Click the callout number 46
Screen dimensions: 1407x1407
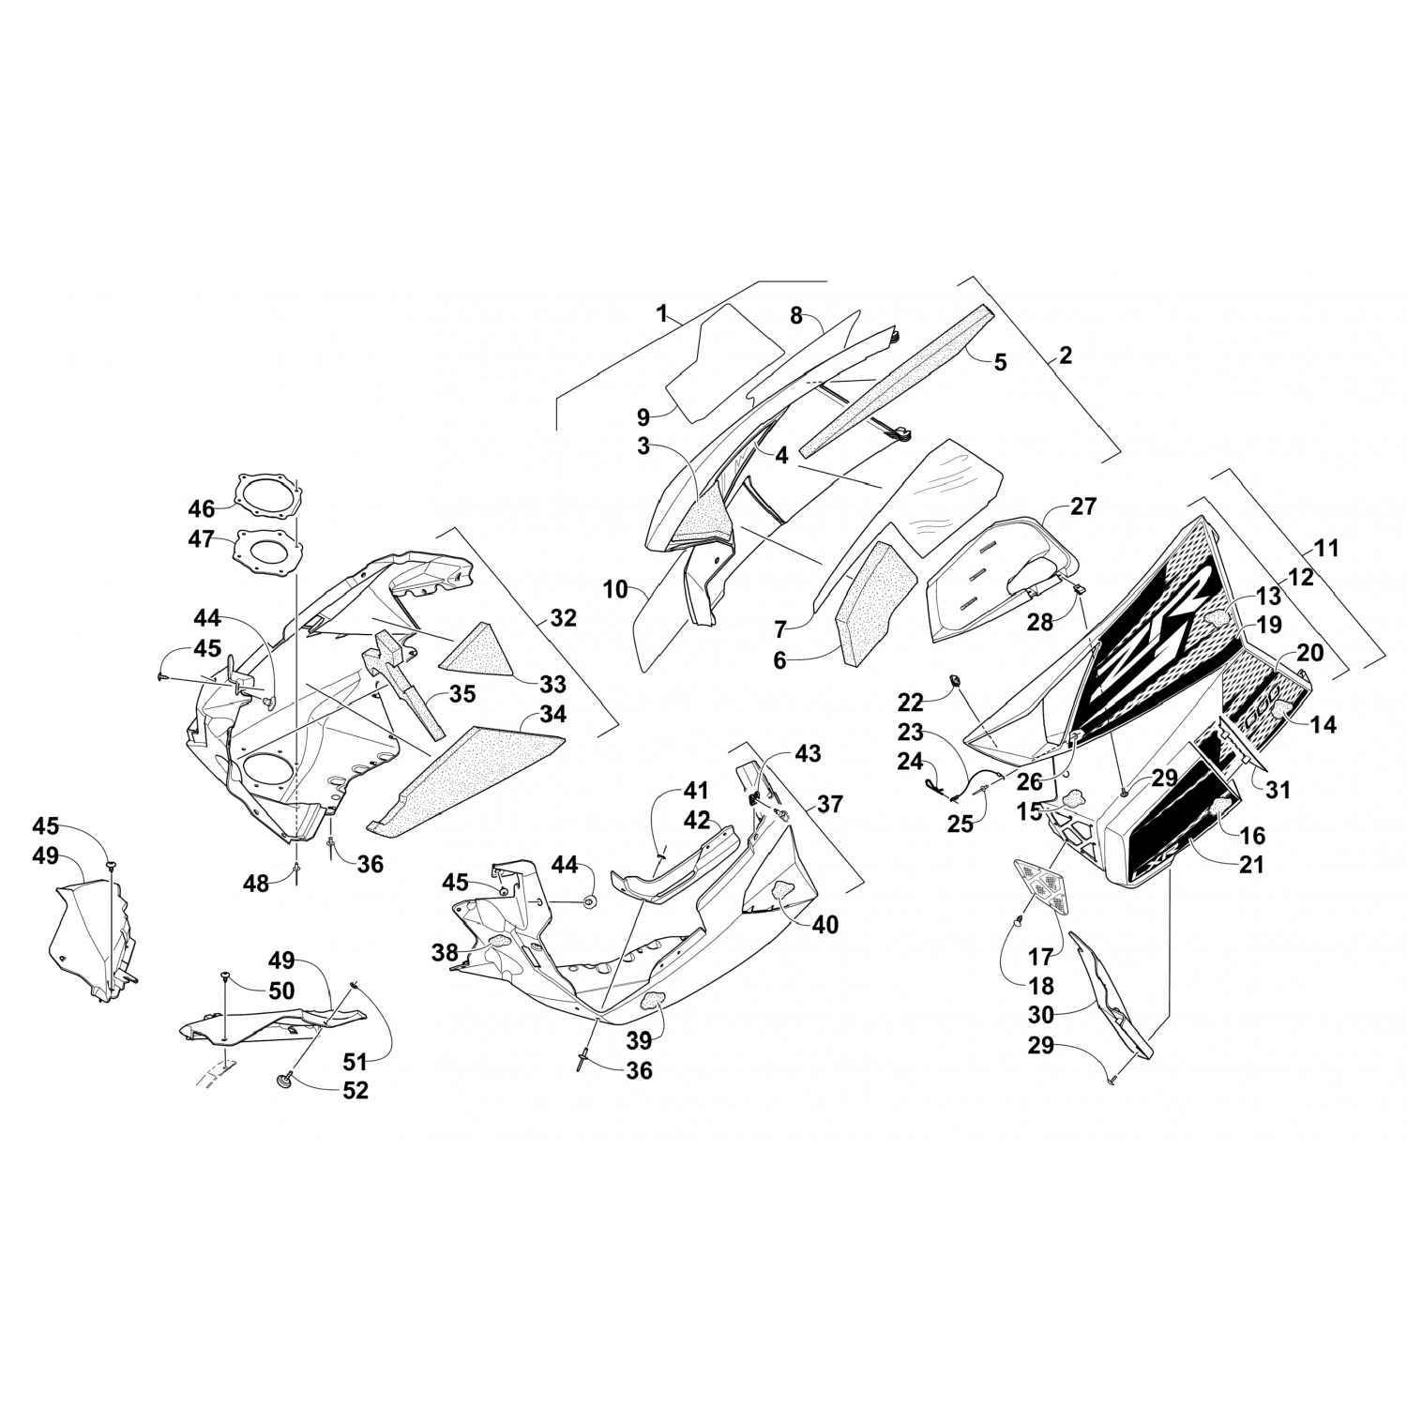pos(201,509)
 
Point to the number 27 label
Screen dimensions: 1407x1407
pos(1082,507)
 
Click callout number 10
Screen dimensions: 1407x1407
pos(615,590)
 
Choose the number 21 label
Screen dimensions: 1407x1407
pos(1251,864)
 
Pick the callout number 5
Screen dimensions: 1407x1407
pos(1000,362)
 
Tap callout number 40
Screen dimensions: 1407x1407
pos(825,924)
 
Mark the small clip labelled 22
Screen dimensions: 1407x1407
pos(955,679)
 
